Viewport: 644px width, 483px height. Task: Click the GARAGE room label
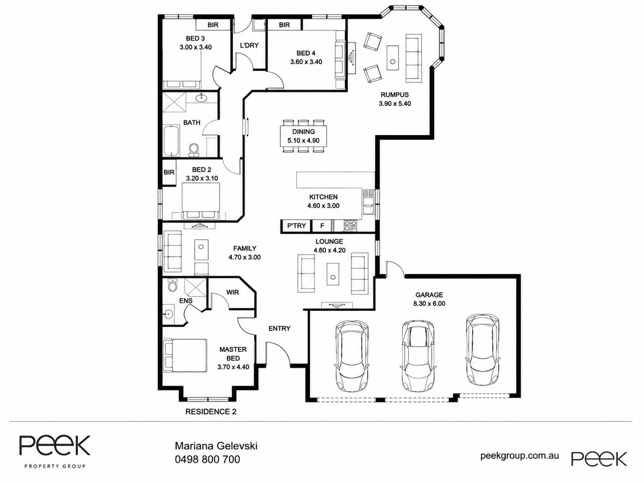(429, 295)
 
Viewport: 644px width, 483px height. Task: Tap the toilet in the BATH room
(193, 149)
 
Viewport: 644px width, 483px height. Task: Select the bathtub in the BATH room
(171, 141)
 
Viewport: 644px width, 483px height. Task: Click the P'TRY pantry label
(296, 225)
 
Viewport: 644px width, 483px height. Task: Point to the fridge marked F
(322, 226)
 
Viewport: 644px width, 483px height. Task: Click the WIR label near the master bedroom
(232, 292)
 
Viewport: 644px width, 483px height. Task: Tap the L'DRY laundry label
(249, 45)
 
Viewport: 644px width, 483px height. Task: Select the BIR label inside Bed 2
(169, 173)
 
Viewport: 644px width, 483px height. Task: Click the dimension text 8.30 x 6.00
(429, 303)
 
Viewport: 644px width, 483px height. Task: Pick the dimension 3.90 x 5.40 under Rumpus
(394, 104)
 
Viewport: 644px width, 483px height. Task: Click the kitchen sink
(368, 202)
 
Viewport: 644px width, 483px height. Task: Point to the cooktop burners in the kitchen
(350, 226)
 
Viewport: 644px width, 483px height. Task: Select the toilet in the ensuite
(173, 285)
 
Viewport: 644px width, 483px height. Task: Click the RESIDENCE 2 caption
(211, 412)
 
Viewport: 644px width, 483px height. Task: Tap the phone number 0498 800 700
(207, 459)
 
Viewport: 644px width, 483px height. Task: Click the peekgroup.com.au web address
(519, 456)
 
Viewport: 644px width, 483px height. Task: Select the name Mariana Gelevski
(216, 446)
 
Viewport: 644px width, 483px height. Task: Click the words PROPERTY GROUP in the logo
(55, 466)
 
